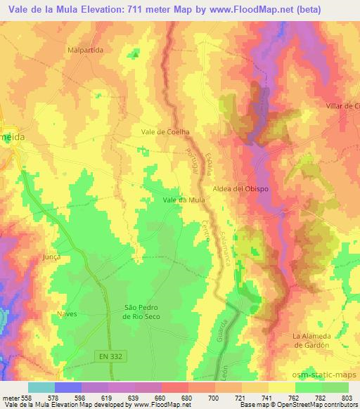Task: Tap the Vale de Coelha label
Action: tap(166, 131)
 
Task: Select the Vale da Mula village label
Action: tap(184, 200)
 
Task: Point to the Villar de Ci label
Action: tap(342, 105)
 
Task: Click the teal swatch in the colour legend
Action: tap(41, 387)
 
